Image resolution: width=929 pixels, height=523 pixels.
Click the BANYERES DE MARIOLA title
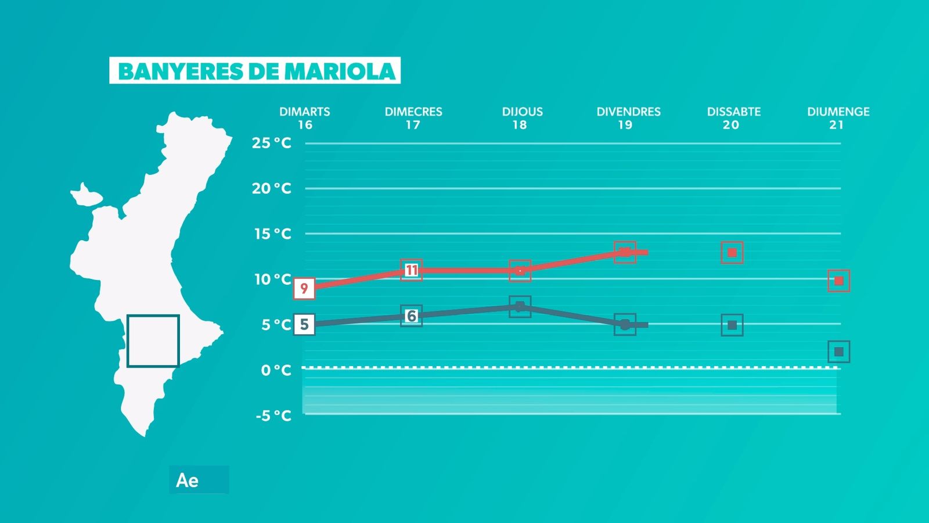(x=255, y=71)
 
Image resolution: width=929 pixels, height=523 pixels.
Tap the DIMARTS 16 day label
(x=305, y=118)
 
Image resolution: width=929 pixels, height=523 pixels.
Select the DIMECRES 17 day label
(x=413, y=118)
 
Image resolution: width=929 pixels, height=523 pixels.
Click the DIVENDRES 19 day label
(x=628, y=118)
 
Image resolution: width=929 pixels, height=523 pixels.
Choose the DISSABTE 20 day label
(x=733, y=118)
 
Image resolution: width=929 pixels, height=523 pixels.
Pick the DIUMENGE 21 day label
(x=838, y=118)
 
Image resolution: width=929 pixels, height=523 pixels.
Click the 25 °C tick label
(x=271, y=143)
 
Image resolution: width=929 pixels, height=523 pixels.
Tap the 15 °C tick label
(x=272, y=234)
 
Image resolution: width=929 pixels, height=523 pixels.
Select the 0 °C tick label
(x=276, y=370)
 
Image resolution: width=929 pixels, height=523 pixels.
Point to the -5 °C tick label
(x=273, y=415)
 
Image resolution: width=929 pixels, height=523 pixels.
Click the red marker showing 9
(x=304, y=288)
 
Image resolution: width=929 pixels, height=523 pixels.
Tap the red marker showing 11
(x=411, y=270)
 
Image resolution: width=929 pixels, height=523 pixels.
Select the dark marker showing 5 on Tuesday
(x=304, y=324)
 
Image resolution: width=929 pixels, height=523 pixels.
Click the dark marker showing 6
(x=411, y=316)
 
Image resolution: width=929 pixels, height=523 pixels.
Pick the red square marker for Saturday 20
(x=732, y=253)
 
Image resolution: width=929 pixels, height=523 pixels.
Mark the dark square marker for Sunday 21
(x=838, y=352)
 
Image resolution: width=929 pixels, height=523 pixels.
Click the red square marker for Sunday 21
(x=838, y=281)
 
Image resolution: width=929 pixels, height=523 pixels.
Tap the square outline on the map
(x=153, y=341)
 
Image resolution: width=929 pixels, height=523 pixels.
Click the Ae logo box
(x=199, y=480)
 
